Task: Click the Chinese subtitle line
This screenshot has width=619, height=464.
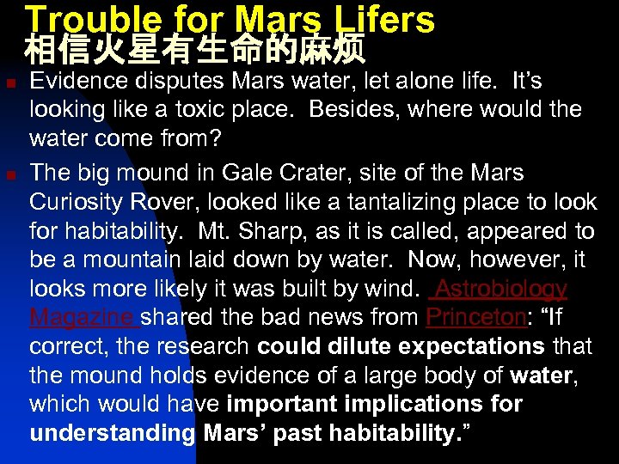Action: pyautogui.click(x=196, y=50)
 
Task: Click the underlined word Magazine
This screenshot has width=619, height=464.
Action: pyautogui.click(x=83, y=318)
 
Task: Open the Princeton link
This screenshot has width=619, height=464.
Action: pyautogui.click(x=475, y=318)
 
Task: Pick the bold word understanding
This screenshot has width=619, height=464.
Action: pyautogui.click(x=113, y=433)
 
